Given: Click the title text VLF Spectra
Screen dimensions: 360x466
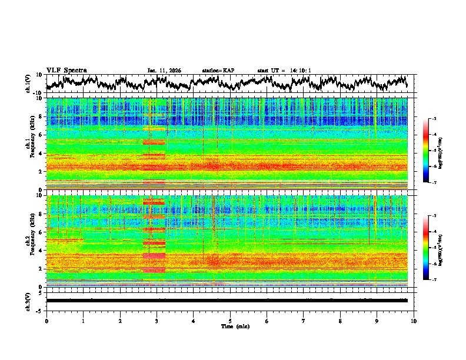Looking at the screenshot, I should (66, 70).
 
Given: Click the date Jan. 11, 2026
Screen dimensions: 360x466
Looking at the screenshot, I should (164, 71).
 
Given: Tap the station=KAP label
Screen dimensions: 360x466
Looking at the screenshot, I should (218, 71).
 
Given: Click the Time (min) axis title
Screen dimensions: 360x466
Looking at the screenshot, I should (235, 326).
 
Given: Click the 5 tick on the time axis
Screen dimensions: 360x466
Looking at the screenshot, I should (230, 320).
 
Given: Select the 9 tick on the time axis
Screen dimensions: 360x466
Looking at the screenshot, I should (377, 320).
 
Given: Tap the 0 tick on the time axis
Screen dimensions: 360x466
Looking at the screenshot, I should (46, 320).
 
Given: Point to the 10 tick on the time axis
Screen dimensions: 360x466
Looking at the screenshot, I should (414, 320).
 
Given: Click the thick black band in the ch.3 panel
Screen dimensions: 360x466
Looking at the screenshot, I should (227, 300).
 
